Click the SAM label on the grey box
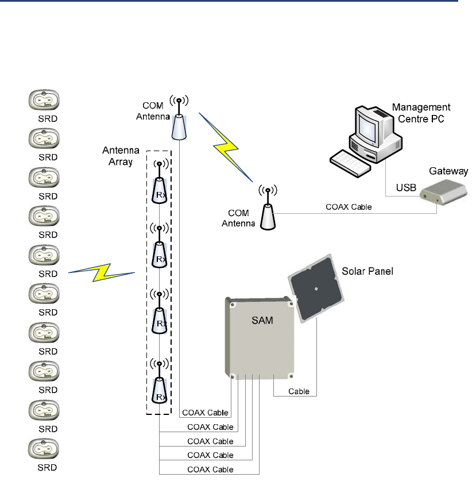[262, 320]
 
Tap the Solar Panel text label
[367, 271]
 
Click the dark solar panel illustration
[316, 288]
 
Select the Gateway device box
[443, 192]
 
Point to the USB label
[406, 187]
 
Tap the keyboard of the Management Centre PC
[350, 163]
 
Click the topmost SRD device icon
[44, 100]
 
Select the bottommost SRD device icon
[44, 449]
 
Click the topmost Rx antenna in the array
[159, 182]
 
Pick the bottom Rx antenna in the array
[159, 383]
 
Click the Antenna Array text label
[121, 156]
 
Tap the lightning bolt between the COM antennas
[226, 148]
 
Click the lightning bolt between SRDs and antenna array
[102, 272]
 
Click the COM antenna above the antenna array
[179, 117]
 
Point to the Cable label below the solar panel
[299, 391]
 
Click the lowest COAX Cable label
[210, 470]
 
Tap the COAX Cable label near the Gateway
[349, 207]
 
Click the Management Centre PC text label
[421, 113]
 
